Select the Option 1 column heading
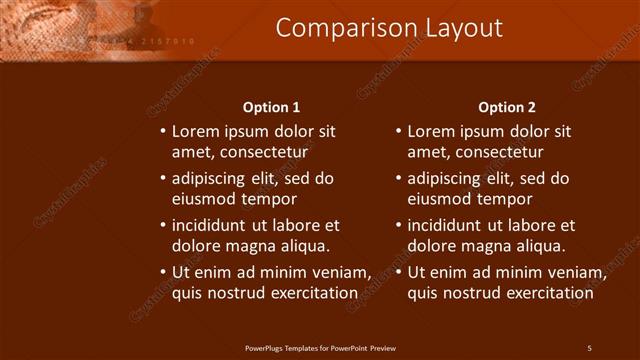click(272, 107)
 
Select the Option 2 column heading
click(507, 107)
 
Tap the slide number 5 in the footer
click(589, 348)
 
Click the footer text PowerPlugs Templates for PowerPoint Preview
click(320, 348)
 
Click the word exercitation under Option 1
click(311, 293)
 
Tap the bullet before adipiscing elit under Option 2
click(398, 179)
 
